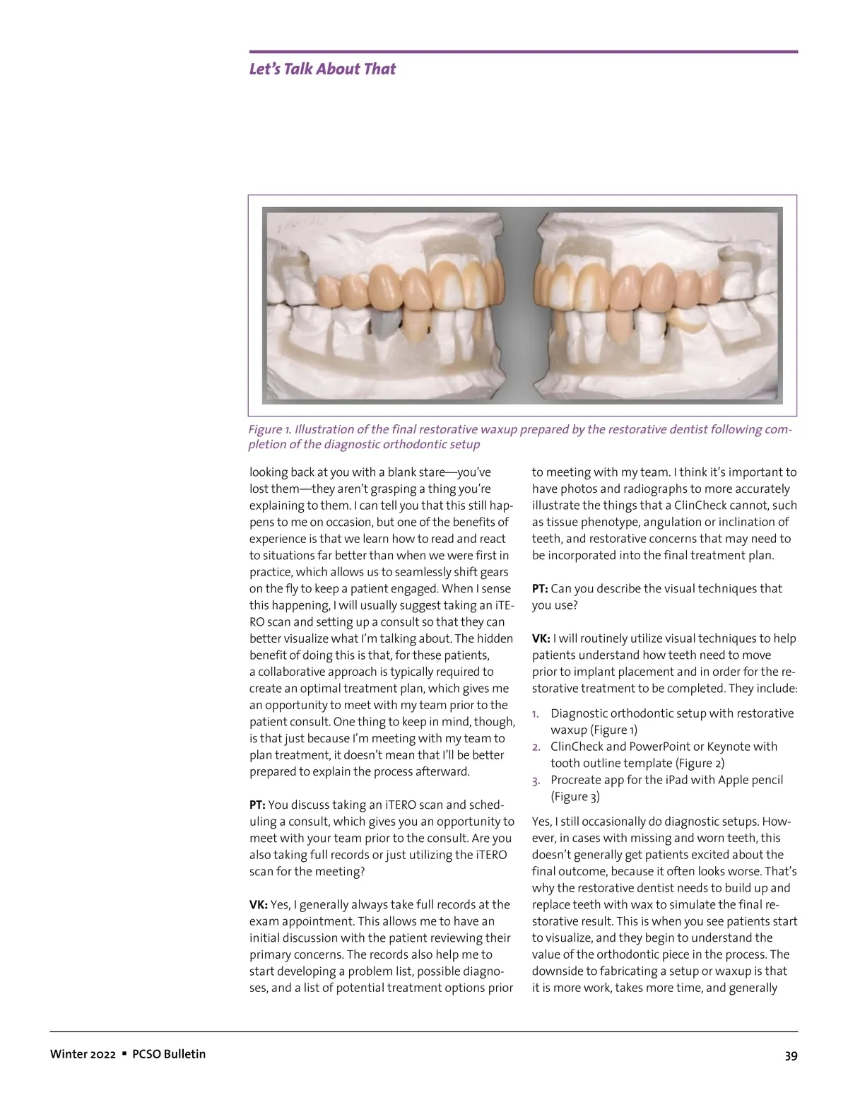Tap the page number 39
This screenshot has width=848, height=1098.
tap(791, 1056)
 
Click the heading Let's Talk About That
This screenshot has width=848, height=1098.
tap(322, 69)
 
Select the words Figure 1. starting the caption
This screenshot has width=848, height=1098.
tap(269, 430)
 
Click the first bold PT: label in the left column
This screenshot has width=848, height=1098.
tap(258, 805)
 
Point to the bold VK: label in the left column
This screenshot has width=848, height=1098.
tap(259, 904)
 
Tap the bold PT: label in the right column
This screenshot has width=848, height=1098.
tap(541, 588)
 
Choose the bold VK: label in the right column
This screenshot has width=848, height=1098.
tap(541, 638)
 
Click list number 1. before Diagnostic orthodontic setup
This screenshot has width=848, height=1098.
tap(536, 713)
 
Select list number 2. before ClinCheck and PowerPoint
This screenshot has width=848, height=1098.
tap(536, 747)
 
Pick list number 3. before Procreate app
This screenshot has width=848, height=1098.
tap(536, 781)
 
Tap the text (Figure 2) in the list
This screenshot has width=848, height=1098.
tap(700, 763)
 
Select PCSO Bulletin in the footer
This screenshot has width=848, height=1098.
tap(169, 1054)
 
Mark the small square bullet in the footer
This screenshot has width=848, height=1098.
tap(124, 1053)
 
